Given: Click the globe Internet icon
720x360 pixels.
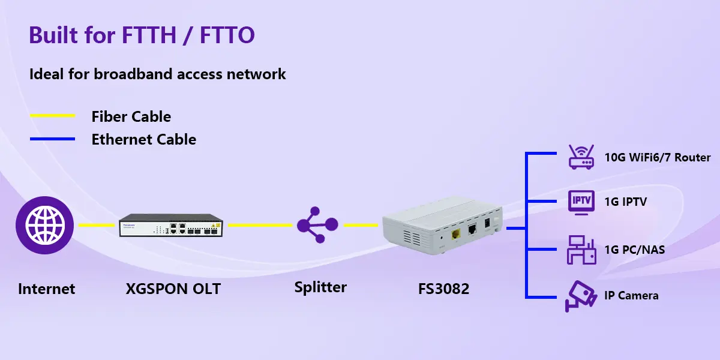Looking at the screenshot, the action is (x=44, y=226).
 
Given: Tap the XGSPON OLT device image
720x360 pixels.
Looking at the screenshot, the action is (x=170, y=226).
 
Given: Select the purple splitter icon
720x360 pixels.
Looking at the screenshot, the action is (x=317, y=224).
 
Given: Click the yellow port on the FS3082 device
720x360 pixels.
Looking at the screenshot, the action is (x=456, y=234).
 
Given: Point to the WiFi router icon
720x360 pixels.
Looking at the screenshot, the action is (x=581, y=157).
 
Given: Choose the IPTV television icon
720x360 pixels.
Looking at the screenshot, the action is (x=581, y=203).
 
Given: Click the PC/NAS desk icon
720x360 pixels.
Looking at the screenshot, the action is (x=581, y=250).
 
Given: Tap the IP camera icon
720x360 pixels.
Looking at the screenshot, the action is (x=581, y=296).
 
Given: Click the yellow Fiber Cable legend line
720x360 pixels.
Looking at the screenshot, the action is (x=52, y=116).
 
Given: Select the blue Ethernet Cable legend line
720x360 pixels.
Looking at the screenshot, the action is (x=52, y=139).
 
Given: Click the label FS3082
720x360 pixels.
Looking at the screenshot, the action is (x=443, y=289).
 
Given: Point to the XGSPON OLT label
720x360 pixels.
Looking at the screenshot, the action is (x=173, y=289).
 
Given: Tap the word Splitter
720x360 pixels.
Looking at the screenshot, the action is (x=320, y=287).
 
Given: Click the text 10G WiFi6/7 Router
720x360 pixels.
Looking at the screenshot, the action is (x=658, y=157).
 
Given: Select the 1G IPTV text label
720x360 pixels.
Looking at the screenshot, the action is (x=625, y=202).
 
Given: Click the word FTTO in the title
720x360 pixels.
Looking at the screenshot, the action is (x=227, y=35).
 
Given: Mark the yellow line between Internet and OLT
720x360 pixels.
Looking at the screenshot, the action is (x=97, y=226).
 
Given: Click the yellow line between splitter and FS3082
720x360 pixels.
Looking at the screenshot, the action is (x=361, y=226).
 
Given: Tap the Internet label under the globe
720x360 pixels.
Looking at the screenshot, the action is (x=47, y=289).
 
